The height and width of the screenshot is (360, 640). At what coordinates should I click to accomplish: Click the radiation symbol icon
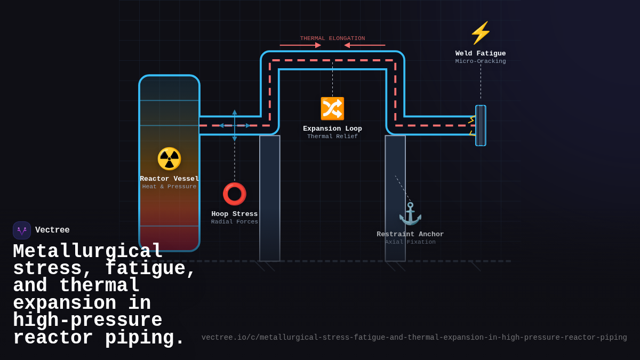pos(169,158)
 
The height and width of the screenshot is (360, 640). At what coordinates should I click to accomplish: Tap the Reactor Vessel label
pos(169,179)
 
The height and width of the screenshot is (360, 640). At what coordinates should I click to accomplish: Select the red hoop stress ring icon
pos(234,194)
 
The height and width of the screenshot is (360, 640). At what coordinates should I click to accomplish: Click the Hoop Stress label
pos(234,214)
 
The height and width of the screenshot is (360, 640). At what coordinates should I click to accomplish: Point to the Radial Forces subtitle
pos(234,222)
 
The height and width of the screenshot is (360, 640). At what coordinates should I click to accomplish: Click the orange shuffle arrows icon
pos(332,108)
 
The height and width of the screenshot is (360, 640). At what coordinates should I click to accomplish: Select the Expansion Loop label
pos(332,129)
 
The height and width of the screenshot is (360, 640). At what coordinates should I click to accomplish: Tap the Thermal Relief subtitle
pos(332,137)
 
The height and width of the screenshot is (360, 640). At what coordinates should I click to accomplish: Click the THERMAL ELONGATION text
pos(332,38)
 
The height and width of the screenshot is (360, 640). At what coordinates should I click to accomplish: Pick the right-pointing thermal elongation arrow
pos(300,45)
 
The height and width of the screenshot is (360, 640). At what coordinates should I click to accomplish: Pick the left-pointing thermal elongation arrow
pos(365,45)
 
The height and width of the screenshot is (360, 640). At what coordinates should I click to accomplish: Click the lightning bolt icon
pos(480,33)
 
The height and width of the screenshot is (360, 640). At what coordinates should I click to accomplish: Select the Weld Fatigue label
pos(481,53)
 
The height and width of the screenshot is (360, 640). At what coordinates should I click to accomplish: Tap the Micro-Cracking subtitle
pos(481,61)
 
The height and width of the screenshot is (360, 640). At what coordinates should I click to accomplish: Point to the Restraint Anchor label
pos(410,234)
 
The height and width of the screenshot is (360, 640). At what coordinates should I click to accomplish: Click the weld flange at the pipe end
pos(481,125)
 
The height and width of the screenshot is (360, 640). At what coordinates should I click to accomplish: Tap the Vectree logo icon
pos(22,230)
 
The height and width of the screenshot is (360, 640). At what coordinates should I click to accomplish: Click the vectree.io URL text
pos(414,338)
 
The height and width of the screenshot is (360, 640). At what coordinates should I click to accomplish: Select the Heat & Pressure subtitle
pos(169,187)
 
